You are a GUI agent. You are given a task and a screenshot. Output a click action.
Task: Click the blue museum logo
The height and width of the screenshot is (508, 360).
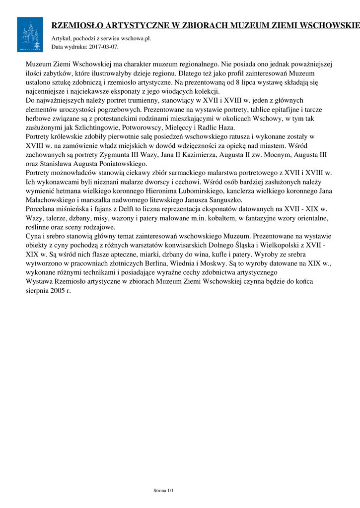tap(30, 34)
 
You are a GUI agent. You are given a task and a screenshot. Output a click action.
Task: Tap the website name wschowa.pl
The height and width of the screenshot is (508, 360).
tap(140, 38)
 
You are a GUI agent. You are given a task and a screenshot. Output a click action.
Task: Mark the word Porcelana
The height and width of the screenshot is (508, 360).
tap(42, 209)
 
